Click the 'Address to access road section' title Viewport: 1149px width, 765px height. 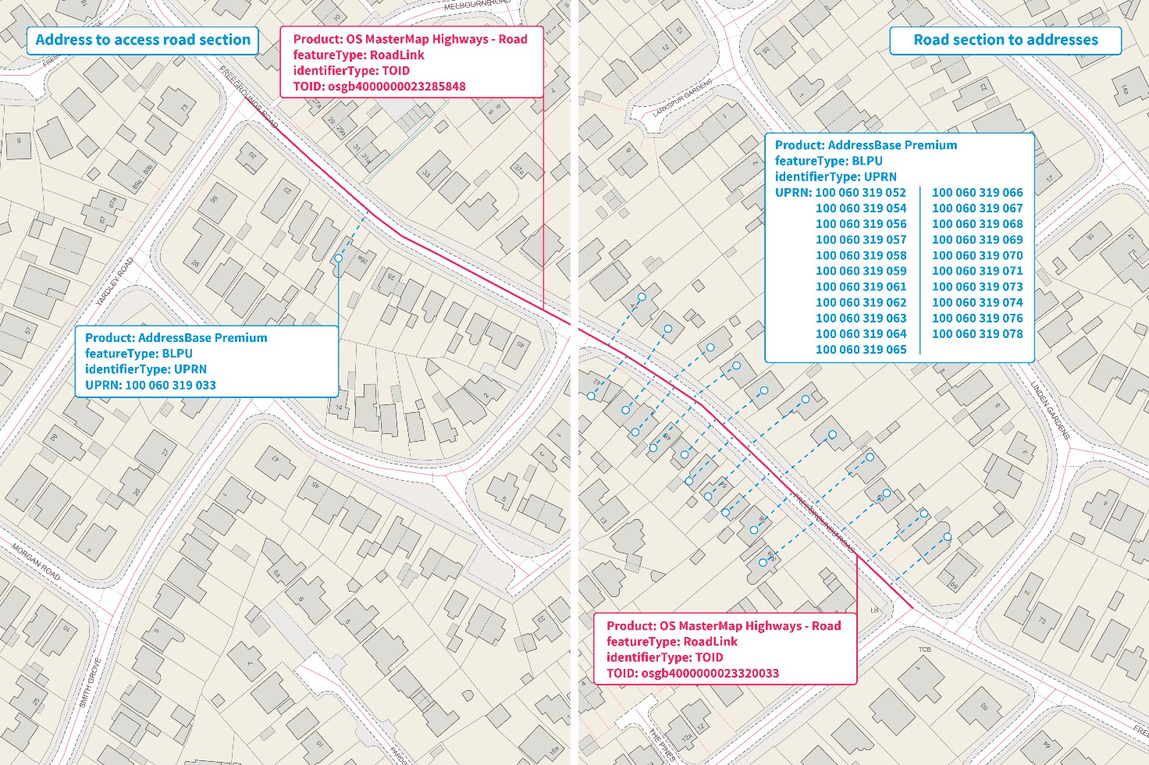coord(143,40)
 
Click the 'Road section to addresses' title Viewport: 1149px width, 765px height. coord(1005,40)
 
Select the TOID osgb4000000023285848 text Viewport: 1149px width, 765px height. coord(379,87)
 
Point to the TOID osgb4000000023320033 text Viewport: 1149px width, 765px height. coord(692,673)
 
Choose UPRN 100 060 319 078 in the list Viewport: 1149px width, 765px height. coord(977,333)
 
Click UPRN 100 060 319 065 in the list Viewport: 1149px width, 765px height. coord(861,349)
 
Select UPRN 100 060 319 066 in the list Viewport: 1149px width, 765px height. coord(977,192)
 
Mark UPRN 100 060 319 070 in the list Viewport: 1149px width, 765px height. coord(977,255)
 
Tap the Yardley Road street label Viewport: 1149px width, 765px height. coord(115,282)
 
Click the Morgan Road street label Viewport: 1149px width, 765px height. coord(36,563)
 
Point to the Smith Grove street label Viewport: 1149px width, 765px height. coord(91,682)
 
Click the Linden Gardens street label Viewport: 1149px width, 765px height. coord(1049,410)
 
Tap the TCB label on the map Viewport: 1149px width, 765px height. coord(924,649)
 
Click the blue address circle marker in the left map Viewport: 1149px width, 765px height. coord(338,258)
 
